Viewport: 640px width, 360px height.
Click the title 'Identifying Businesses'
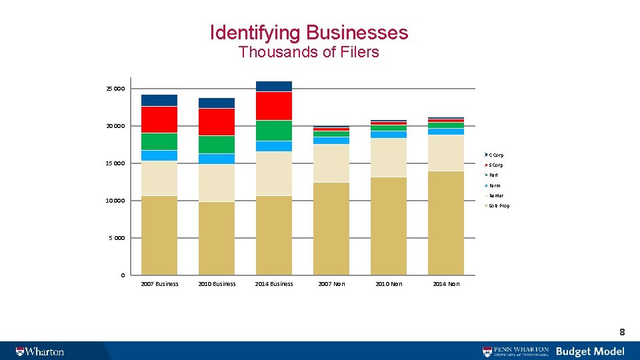click(309, 32)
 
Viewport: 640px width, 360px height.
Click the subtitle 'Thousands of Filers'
click(309, 52)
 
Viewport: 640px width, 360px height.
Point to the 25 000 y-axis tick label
click(115, 89)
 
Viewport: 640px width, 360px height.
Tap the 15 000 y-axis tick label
click(115, 163)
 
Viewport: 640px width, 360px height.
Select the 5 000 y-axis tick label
click(117, 238)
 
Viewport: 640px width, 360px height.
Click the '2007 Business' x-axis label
click(159, 284)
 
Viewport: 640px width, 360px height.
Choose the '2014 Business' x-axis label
click(274, 284)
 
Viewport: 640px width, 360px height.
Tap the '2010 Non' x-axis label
click(389, 284)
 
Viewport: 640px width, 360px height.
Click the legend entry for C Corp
click(495, 155)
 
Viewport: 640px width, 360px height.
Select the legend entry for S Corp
click(495, 165)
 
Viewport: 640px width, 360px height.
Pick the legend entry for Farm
click(494, 185)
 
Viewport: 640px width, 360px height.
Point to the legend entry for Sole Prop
click(498, 206)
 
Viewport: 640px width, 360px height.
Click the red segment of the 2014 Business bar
click(274, 106)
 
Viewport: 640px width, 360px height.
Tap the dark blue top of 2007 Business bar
click(159, 100)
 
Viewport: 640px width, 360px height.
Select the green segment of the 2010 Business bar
click(217, 145)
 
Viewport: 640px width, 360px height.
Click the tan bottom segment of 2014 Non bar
click(446, 223)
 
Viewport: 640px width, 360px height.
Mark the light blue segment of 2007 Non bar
click(331, 141)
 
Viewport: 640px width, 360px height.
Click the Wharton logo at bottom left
click(40, 351)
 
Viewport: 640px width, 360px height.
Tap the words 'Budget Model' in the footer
click(590, 351)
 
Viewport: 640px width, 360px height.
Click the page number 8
click(621, 331)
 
